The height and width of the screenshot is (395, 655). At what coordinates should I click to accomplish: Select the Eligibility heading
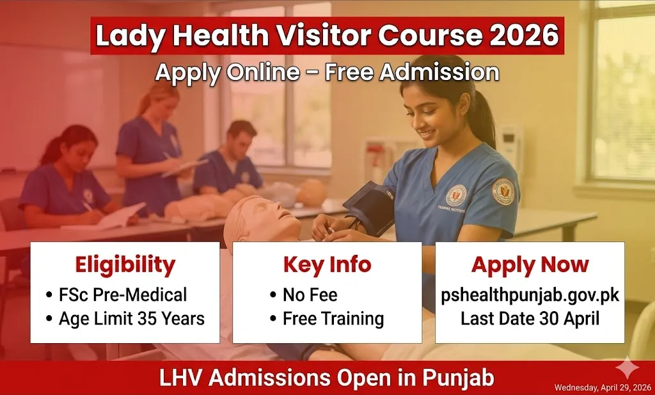click(x=125, y=264)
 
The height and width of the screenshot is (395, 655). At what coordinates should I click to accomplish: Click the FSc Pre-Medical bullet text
click(x=123, y=295)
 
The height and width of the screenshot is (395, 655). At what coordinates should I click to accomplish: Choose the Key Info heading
click(x=327, y=264)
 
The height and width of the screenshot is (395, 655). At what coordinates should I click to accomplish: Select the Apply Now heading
click(x=530, y=264)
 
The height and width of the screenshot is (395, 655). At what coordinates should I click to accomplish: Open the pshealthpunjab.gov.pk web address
click(x=530, y=295)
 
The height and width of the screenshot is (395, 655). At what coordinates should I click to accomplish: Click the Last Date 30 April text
click(x=530, y=319)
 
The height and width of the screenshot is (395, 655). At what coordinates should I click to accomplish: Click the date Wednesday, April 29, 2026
click(x=602, y=387)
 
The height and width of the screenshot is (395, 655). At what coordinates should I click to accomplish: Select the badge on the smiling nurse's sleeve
click(x=503, y=191)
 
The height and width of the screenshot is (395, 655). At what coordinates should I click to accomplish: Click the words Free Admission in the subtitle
click(x=411, y=72)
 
